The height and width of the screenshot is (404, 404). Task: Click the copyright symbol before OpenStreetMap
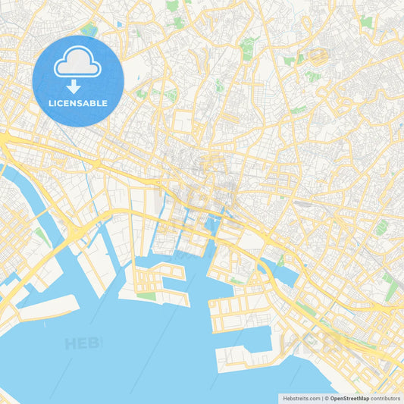[x=326, y=397]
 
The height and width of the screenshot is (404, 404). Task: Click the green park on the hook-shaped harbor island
[x=146, y=296]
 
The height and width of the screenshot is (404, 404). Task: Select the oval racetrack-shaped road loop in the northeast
[x=318, y=57]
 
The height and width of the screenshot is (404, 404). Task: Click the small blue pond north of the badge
[x=120, y=24]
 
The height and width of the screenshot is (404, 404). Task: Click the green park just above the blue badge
[x=89, y=30]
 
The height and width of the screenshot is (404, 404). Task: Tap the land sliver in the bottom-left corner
[x=6, y=396]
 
